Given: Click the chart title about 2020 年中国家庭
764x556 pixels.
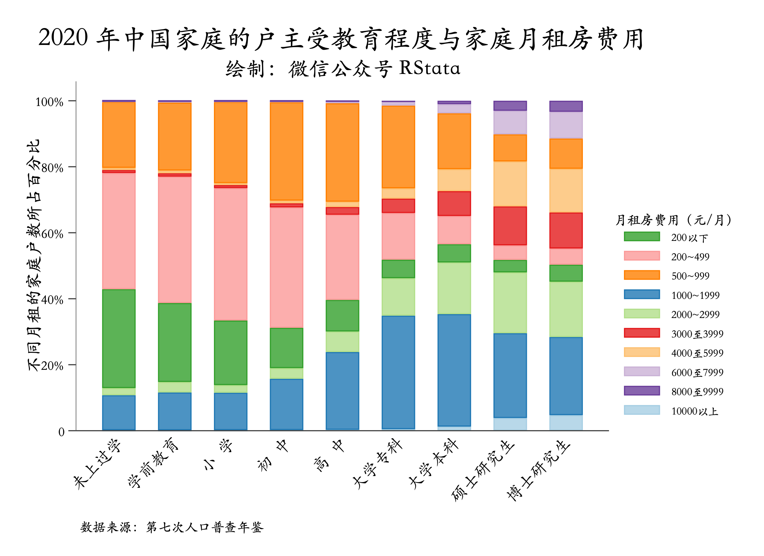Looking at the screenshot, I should click(341, 39).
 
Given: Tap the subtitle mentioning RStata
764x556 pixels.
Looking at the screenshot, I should click(343, 69).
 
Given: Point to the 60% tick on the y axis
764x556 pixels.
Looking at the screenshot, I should click(53, 234).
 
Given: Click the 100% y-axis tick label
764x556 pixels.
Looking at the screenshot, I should click(49, 102).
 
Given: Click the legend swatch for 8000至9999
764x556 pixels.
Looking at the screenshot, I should click(642, 391).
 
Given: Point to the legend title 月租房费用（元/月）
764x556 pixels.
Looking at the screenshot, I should click(673, 220).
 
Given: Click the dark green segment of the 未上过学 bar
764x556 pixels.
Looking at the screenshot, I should click(119, 338).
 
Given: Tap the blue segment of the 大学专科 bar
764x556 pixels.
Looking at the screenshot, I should click(398, 372).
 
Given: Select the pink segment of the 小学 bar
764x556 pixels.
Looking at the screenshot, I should click(231, 254).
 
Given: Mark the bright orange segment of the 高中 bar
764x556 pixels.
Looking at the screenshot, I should click(342, 152).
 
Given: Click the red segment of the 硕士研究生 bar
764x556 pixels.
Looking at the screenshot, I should click(510, 226).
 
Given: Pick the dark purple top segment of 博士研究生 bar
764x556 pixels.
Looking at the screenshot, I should click(566, 106).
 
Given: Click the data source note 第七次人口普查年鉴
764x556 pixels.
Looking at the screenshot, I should click(172, 527).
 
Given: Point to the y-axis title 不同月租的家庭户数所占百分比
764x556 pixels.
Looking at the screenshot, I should click(34, 255).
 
